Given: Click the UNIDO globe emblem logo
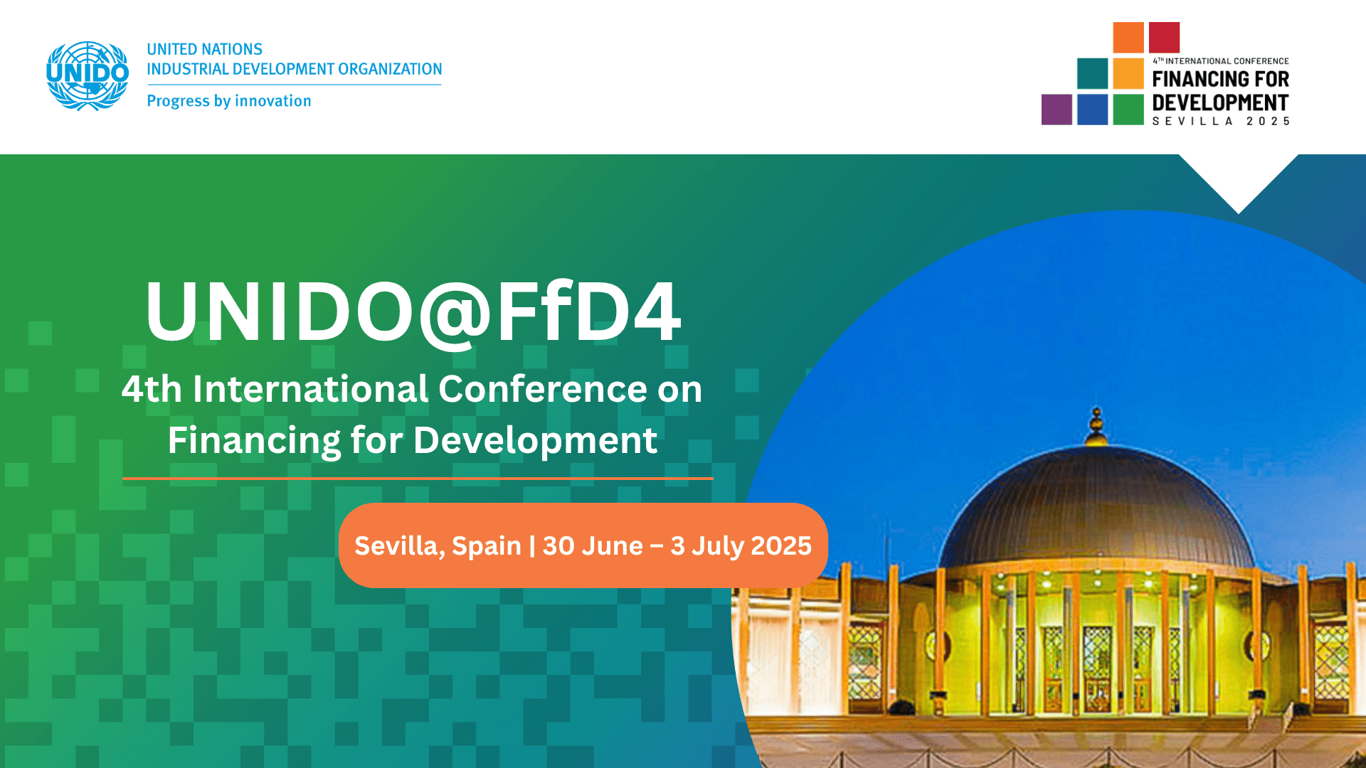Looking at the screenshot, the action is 88,75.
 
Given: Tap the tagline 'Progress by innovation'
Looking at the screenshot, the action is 229,101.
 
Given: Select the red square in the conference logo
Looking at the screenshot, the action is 1164,38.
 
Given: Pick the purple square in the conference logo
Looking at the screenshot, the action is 1057,110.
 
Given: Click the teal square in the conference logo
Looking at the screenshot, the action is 1092,73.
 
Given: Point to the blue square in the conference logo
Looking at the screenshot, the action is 1092,110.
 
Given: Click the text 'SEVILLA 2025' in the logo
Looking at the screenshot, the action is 1221,122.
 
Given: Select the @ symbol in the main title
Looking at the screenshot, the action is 455,314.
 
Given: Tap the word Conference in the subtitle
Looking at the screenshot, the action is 541,389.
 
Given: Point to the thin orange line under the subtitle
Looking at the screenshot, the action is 418,479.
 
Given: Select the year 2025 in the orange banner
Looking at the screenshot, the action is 781,546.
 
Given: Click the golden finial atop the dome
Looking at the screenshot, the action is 1096,426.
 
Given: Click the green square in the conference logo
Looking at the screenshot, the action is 1128,110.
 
